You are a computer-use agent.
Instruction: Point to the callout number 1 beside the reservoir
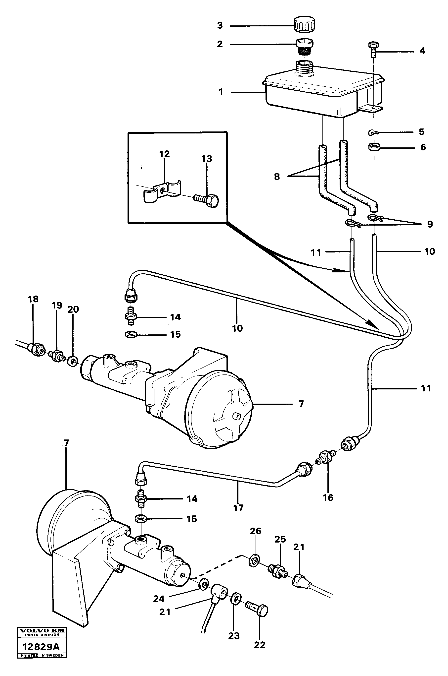[x=221, y=92]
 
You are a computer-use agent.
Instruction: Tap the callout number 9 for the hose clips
[x=430, y=224]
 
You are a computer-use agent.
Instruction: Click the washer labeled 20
[x=72, y=361]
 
